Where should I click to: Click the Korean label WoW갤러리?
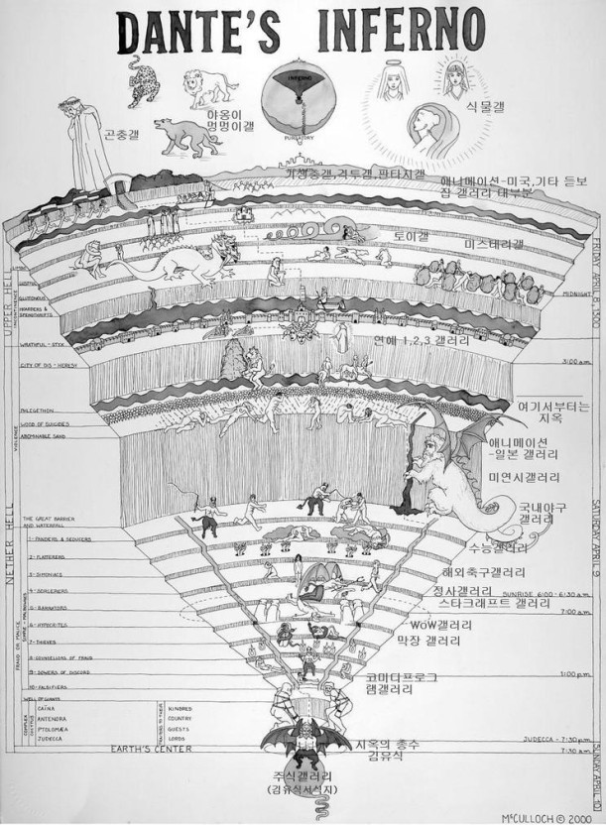click(x=441, y=626)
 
